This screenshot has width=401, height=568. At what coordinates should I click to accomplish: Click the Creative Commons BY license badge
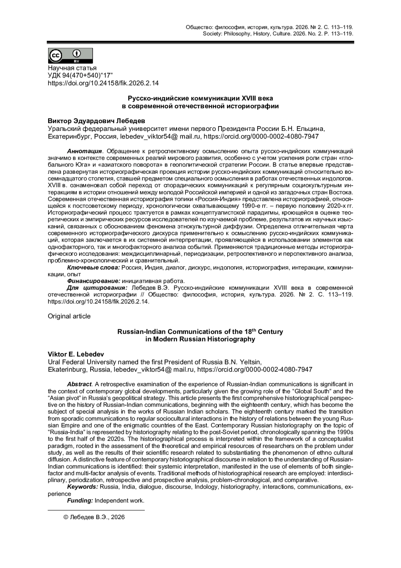70,56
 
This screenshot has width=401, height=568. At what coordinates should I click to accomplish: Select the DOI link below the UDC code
103,83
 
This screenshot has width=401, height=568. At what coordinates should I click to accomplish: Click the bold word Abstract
79,384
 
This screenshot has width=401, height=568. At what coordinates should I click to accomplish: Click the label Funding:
80,501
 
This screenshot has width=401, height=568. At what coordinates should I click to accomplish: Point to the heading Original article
69,316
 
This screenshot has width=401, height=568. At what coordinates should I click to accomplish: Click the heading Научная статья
72,69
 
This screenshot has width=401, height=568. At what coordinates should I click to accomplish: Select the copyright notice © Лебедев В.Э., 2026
94,517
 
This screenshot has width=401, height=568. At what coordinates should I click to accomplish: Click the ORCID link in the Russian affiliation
261,136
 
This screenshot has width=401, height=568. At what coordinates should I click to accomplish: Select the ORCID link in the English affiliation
255,369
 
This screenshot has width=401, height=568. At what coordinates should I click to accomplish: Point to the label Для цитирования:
97,288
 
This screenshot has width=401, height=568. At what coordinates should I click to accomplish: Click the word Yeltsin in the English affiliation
250,362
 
